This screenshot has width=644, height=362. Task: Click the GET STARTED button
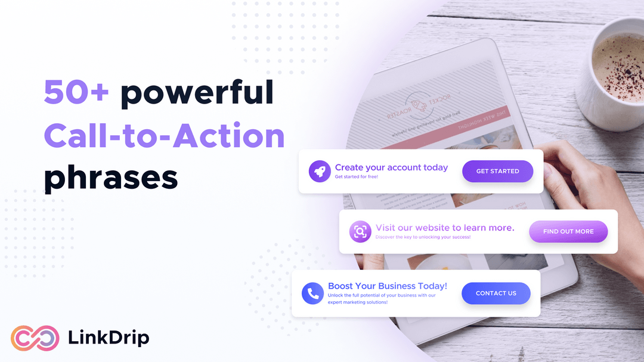[x=497, y=171]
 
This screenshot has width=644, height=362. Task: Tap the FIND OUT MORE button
[x=568, y=232]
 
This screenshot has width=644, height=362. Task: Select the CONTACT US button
[x=496, y=294]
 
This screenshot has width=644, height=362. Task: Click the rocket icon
[x=320, y=171]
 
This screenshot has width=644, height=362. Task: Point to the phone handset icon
[x=312, y=294]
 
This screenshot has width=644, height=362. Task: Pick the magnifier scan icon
[x=360, y=232]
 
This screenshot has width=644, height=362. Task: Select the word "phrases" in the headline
[x=111, y=177]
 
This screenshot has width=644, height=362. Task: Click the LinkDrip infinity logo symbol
[x=35, y=338]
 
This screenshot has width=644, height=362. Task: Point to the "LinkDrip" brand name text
[x=109, y=338]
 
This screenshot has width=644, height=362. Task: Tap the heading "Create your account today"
[x=391, y=167]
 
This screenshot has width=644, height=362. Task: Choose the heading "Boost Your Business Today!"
[x=388, y=286]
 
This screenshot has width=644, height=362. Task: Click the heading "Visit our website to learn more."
[x=445, y=227]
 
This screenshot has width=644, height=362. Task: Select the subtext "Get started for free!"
[x=356, y=177]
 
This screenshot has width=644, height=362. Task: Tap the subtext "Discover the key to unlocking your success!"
[x=423, y=237]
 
